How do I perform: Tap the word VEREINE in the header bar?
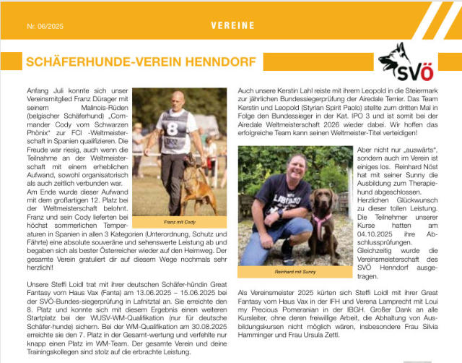pos(232,25)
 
